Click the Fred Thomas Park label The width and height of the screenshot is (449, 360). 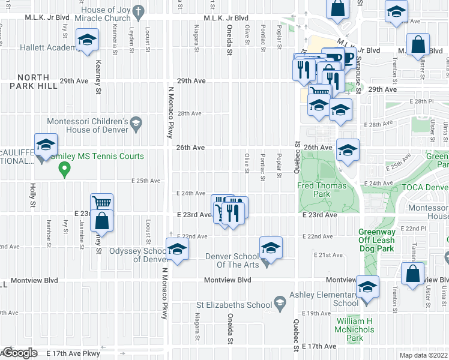tap(322, 190)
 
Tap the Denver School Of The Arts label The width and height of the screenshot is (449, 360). tap(232, 260)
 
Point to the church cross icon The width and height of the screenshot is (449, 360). tap(139, 11)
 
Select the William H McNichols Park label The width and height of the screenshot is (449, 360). tap(354, 329)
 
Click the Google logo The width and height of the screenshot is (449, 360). tap(19, 353)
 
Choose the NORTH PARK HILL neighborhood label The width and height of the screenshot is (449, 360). tap(38, 82)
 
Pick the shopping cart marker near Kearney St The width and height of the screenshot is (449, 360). tap(101, 203)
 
